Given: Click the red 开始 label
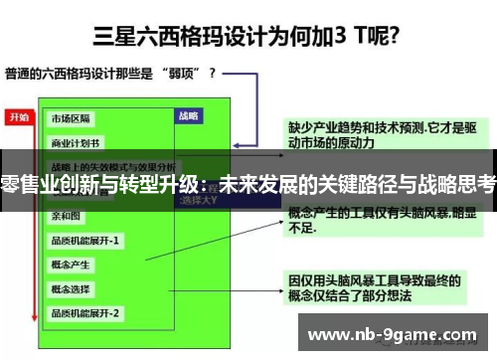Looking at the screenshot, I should point(19,116).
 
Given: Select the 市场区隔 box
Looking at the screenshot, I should point(73,117).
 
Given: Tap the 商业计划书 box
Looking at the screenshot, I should point(76,141).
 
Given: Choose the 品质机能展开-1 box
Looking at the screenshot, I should point(85,240).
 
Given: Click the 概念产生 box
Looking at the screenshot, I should point(73,265).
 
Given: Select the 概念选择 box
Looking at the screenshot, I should point(73,288).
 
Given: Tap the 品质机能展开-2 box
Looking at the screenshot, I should point(85,313).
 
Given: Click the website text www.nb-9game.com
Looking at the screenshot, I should point(392,333).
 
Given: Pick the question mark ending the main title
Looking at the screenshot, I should point(395,39).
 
